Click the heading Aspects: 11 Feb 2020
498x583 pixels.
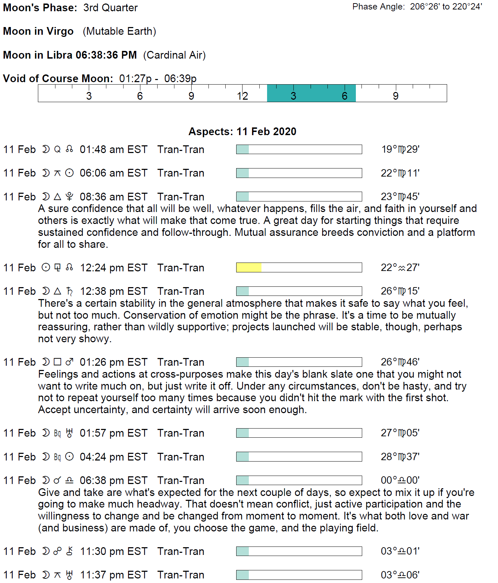pyautogui.click(x=242, y=131)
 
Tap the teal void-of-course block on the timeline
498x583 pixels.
pyautogui.click(x=311, y=93)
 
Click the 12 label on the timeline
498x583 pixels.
pyautogui.click(x=242, y=96)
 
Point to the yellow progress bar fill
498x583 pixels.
pyautogui.click(x=249, y=267)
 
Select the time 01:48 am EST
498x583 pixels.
pyautogui.click(x=113, y=150)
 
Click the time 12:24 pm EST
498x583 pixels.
pyautogui.click(x=113, y=268)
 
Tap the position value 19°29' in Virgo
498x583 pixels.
pyautogui.click(x=400, y=150)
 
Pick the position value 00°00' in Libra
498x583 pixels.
pyautogui.click(x=400, y=480)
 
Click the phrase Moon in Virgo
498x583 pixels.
pyautogui.click(x=38, y=31)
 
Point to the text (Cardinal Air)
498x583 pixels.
pyautogui.click(x=174, y=55)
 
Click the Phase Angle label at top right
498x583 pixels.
pyautogui.click(x=379, y=7)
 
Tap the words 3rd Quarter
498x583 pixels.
pyautogui.click(x=111, y=8)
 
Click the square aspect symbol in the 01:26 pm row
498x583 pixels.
pyautogui.click(x=58, y=362)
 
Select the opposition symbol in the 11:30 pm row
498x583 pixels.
pyautogui.click(x=58, y=551)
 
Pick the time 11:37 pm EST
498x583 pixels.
pyautogui.click(x=113, y=575)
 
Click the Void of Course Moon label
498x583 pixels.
pyautogui.click(x=58, y=78)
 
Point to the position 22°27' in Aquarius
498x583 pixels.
pyautogui.click(x=400, y=268)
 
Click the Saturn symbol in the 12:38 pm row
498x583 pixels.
pyautogui.click(x=69, y=291)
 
